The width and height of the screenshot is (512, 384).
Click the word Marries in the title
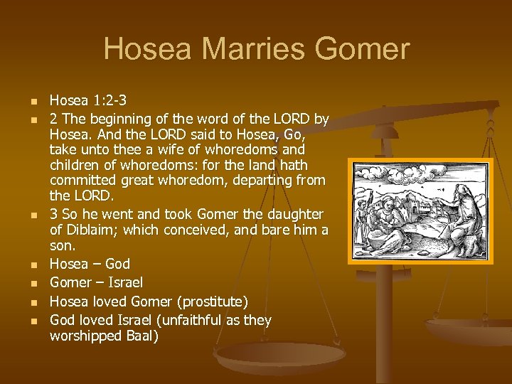(x=236, y=50)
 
